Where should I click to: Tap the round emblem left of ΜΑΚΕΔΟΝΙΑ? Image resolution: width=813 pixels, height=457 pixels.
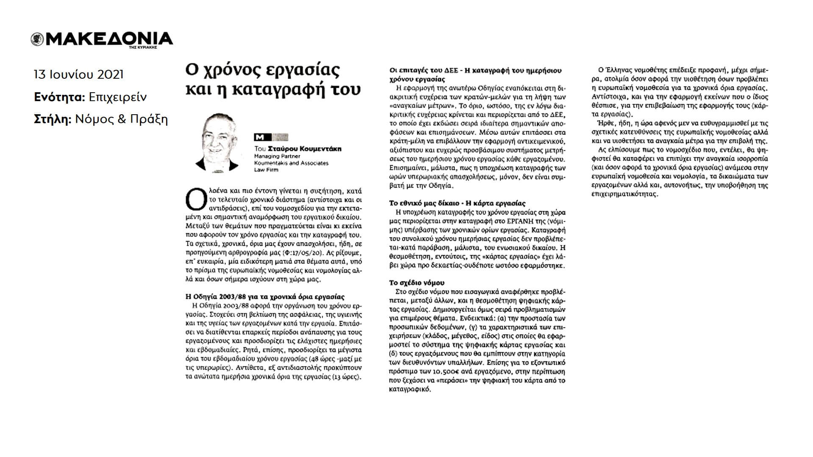[x=36, y=39]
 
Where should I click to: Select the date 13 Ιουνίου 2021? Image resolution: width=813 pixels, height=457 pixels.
[x=79, y=74]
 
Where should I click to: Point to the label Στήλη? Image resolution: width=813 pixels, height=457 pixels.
[x=52, y=119]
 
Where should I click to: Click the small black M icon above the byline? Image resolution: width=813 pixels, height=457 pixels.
[x=258, y=137]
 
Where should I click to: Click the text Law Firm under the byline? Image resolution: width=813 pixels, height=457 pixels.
[x=266, y=170]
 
